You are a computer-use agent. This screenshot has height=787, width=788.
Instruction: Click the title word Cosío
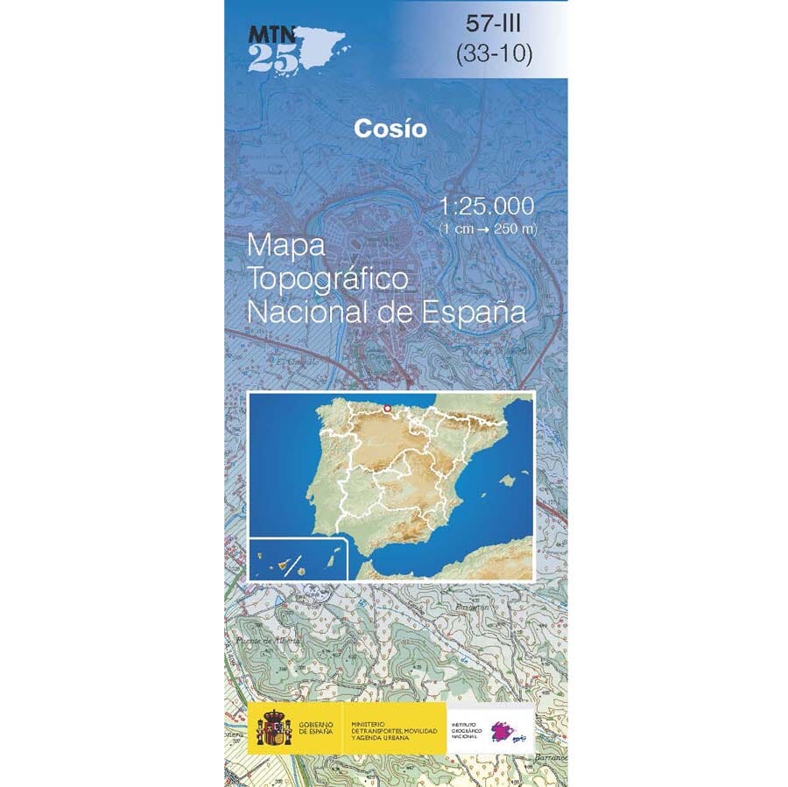(x=390, y=129)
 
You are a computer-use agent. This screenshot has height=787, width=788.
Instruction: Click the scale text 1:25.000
(x=488, y=207)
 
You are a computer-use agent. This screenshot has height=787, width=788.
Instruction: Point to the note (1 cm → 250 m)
(x=488, y=228)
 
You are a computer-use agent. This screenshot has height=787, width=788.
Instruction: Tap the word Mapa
(x=286, y=246)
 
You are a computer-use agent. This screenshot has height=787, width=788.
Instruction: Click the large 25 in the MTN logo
(x=267, y=57)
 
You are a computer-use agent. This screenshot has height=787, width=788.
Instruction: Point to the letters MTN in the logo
(x=271, y=35)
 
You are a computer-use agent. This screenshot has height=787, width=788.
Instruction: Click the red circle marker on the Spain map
(x=387, y=408)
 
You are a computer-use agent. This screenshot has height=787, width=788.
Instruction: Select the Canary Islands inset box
(x=299, y=559)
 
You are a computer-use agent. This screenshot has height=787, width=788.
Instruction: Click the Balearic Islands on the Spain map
(x=506, y=481)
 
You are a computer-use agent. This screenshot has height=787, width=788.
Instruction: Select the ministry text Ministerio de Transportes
(x=394, y=729)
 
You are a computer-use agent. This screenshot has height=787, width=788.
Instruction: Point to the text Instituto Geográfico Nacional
(x=467, y=730)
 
